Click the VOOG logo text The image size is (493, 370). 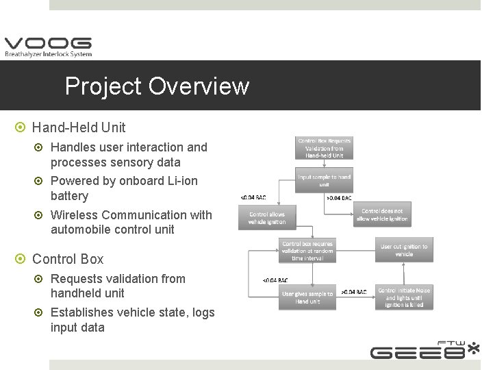48,42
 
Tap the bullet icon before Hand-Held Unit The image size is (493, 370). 21,128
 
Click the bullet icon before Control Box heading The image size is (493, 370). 21,260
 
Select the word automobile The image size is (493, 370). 79,230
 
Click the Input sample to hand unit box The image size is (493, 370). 324,180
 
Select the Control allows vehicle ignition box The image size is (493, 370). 266,217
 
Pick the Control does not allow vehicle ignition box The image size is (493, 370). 382,215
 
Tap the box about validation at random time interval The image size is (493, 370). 307,251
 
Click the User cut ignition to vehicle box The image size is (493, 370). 404,250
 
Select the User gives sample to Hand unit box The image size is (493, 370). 307,297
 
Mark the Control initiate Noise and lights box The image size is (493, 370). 404,297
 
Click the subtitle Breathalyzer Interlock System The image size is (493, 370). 48,54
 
